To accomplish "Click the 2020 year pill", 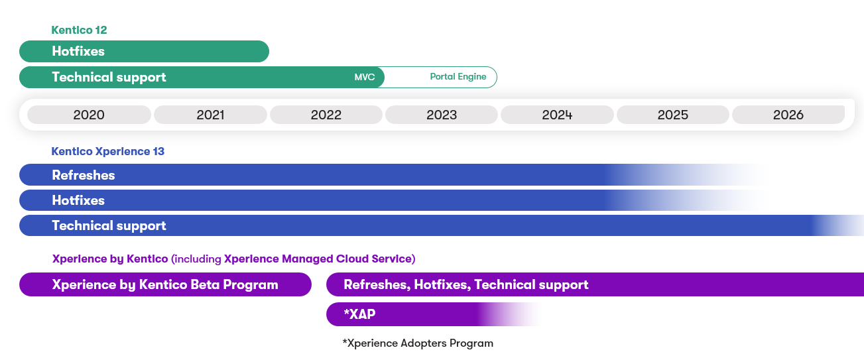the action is pos(89,115).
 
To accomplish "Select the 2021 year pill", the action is pos(210,115).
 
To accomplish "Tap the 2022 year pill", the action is pos(326,115).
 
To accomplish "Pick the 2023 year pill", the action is pos(441,115).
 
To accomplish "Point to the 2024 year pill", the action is pos(557,115).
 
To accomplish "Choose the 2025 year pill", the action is pos(672,115).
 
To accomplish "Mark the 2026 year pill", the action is pos(788,115).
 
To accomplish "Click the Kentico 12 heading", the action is pos(79,30).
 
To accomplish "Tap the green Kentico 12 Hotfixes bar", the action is pos(144,51).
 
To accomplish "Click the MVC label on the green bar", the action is pos(365,77).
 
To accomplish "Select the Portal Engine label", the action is pos(458,77).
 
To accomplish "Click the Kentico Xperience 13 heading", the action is pos(107,151).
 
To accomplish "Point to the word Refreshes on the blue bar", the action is pos(84,175).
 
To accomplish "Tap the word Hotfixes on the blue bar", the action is pos(78,200).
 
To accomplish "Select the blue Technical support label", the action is pos(109,225).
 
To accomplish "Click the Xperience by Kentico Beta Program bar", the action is pos(165,284).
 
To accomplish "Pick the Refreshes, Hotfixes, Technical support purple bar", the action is pos(595,284).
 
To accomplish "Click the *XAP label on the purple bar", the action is pos(359,314).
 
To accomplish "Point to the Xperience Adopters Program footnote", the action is pos(418,343).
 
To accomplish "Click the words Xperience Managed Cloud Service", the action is pos(318,259).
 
